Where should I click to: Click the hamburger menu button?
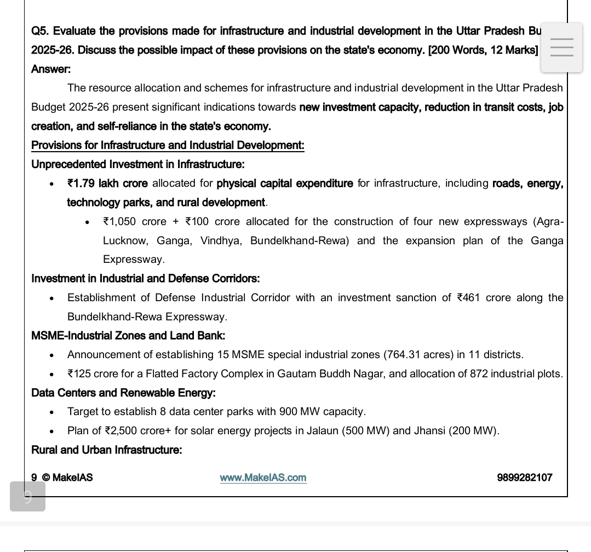coord(561,48)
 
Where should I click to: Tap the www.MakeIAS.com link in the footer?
coord(263,478)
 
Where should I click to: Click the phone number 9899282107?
coord(524,478)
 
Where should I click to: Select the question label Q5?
coord(39,31)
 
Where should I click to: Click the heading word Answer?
coord(51,69)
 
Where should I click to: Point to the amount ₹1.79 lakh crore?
coord(107,183)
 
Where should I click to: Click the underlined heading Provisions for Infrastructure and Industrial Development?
coord(168,145)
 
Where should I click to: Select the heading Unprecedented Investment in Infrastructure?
coord(138,164)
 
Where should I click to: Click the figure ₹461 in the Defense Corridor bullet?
coord(468,298)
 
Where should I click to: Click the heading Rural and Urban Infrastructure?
coord(107,450)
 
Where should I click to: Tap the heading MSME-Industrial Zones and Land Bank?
coord(128,336)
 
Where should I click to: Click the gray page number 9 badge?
coord(27,497)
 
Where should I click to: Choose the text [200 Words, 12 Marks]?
coord(483,50)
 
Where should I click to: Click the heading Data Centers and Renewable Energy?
coord(123,393)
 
